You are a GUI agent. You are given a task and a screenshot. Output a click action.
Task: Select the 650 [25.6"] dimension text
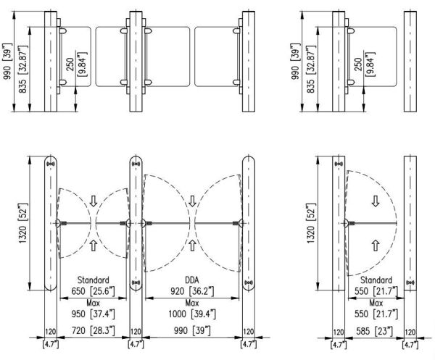91,290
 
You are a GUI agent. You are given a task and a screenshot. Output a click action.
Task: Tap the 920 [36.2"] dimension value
192,290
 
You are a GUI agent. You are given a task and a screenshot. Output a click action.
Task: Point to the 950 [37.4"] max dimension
91,314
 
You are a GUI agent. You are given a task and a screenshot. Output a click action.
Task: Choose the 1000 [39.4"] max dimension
192,314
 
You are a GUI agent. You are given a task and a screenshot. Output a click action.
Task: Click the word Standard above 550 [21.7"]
376,280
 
